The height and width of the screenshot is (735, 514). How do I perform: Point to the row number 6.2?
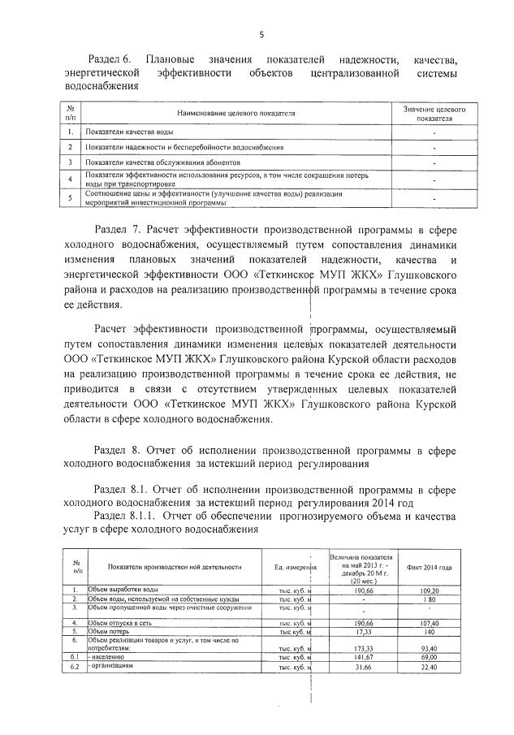pyautogui.click(x=75, y=666)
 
